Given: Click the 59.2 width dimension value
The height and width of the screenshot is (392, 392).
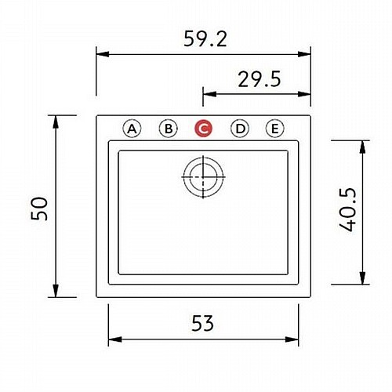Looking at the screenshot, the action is tap(205, 39).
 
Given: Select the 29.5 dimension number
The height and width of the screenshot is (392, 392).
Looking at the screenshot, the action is tap(260, 79).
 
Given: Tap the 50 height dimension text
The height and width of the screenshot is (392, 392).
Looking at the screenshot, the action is tap(40, 209).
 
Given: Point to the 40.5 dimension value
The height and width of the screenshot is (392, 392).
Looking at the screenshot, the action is tap(348, 209).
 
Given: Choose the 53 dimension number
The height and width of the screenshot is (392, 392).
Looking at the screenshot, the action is tap(203, 323).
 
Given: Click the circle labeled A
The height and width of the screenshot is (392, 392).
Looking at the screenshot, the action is tap(132, 129).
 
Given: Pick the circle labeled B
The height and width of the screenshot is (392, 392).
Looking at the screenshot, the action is tap(169, 129).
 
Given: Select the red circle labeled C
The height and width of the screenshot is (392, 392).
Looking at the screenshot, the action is tap(204, 129).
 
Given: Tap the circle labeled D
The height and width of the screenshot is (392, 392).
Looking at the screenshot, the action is tap(240, 129).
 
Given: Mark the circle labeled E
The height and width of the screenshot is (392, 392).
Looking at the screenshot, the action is tap(275, 129).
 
